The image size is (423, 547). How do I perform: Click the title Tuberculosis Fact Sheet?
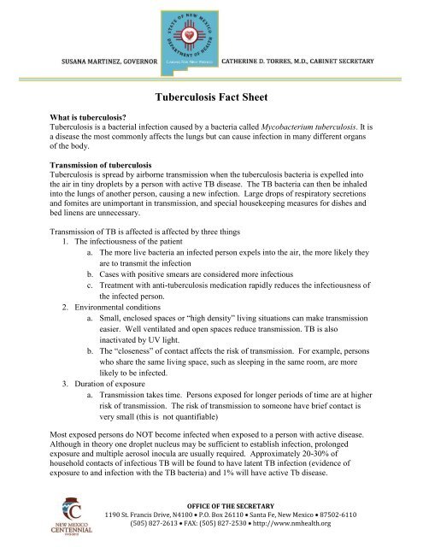click(210, 99)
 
